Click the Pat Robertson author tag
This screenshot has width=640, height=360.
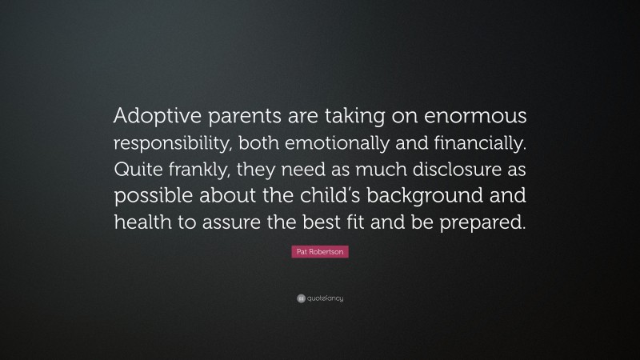point(320,251)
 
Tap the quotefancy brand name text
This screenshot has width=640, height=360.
point(324,298)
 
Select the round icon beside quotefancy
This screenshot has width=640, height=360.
point(301,298)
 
